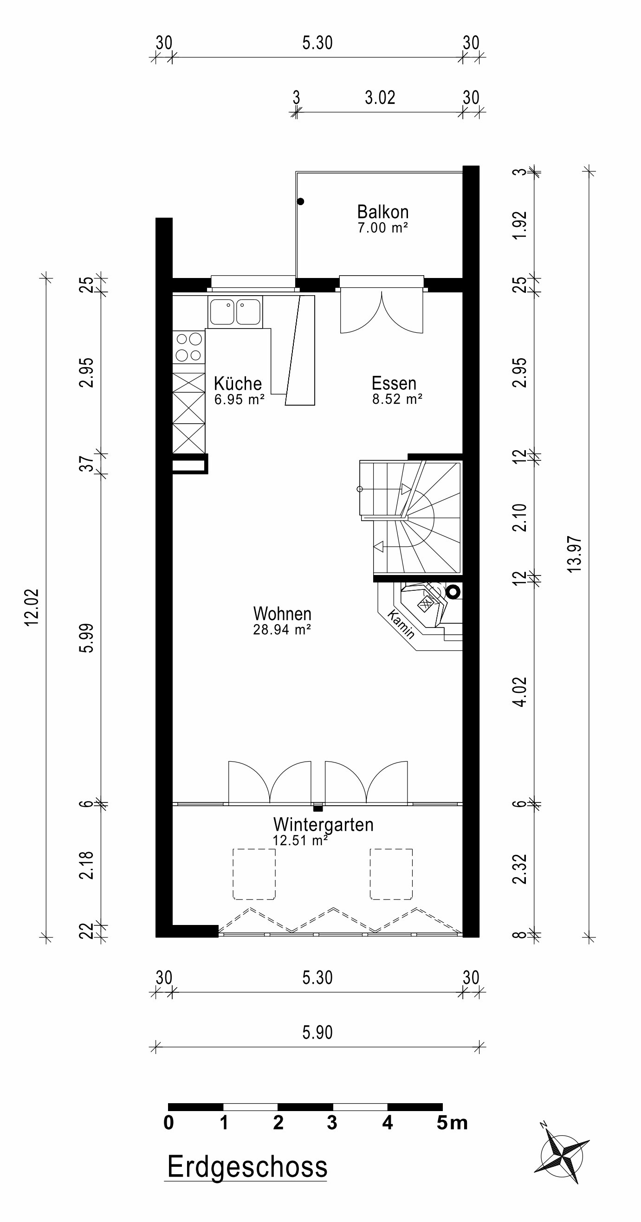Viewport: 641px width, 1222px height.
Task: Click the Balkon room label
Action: pyautogui.click(x=383, y=212)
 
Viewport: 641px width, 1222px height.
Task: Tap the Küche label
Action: pyautogui.click(x=238, y=383)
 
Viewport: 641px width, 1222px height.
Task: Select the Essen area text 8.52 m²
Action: pyautogui.click(x=397, y=400)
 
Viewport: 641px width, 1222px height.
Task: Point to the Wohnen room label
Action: pyautogui.click(x=282, y=614)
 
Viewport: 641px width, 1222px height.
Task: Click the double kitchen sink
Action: pyautogui.click(x=235, y=312)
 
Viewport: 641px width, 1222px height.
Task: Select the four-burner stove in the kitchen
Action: pyautogui.click(x=189, y=347)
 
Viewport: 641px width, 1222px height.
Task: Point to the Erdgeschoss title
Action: pyautogui.click(x=247, y=1167)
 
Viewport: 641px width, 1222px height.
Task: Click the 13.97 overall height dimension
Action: pyautogui.click(x=575, y=554)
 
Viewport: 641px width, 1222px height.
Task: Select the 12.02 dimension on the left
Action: pyautogui.click(x=32, y=607)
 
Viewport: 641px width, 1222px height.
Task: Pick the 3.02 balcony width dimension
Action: pyautogui.click(x=380, y=98)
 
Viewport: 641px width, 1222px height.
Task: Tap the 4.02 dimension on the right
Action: pyautogui.click(x=520, y=692)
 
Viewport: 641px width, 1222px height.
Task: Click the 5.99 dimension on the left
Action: pyautogui.click(x=87, y=638)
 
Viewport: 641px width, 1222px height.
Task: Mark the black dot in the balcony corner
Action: pyautogui.click(x=300, y=201)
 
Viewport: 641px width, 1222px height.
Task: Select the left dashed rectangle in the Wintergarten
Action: pyautogui.click(x=254, y=874)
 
